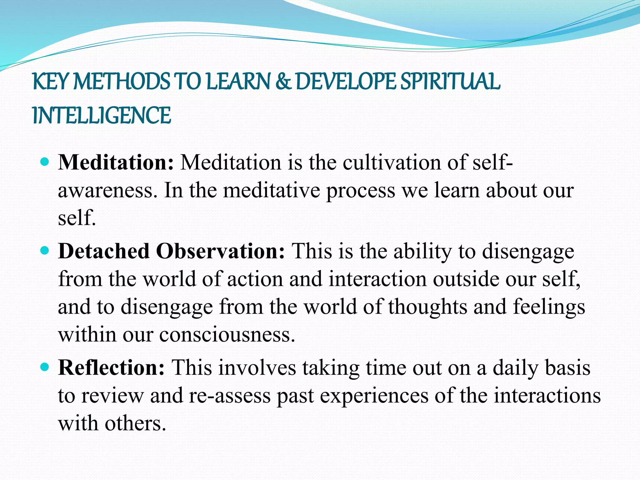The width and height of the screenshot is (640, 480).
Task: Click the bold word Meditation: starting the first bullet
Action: pos(116,162)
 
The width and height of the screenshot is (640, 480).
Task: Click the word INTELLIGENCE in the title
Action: pos(102,115)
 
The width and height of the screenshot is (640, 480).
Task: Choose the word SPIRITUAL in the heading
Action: pos(450,81)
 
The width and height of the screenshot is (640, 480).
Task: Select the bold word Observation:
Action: pos(221,251)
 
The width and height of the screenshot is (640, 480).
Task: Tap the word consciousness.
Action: pos(227,334)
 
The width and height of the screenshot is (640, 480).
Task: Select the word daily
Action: pos(516,368)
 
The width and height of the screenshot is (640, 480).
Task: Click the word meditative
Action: pos(271,191)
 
